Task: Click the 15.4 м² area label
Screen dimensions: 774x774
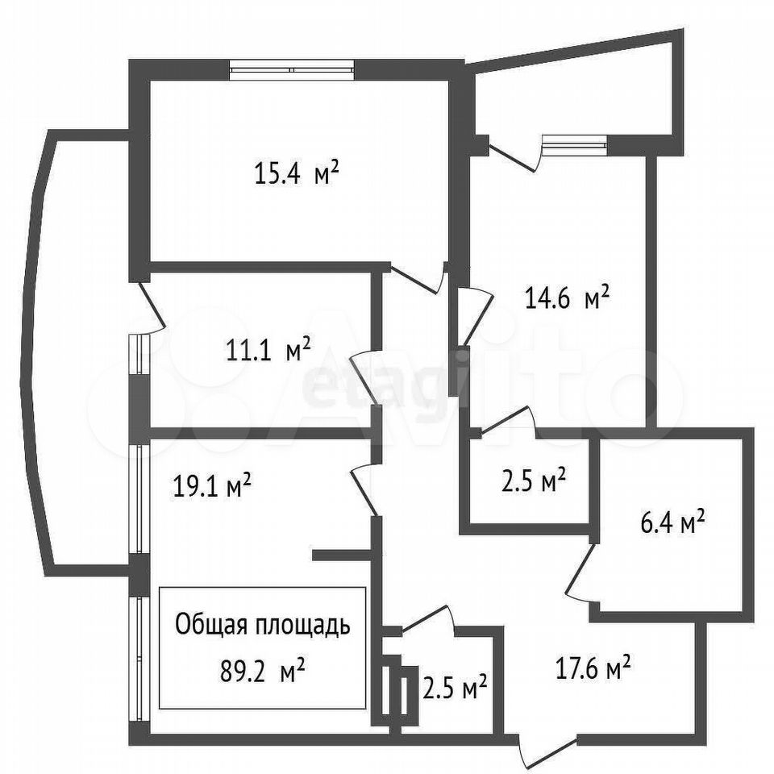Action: pos(297,174)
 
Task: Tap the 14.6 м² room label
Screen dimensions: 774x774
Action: pos(567,298)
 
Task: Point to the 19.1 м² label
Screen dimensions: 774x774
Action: pos(212,485)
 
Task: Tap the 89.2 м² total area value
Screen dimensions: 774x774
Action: pos(262,672)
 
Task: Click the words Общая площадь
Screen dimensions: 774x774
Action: pos(263,626)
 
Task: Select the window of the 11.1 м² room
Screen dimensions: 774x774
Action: pos(139,355)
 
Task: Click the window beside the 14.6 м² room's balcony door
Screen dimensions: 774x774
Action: pos(574,145)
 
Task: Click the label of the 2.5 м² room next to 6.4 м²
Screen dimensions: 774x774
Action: pos(534,481)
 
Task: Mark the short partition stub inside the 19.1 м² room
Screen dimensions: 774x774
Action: pos(342,556)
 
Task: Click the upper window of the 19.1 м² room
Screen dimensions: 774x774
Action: pos(139,499)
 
